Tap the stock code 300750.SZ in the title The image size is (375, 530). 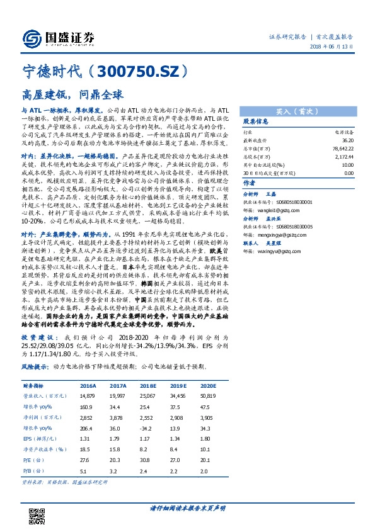coord(152,73)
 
